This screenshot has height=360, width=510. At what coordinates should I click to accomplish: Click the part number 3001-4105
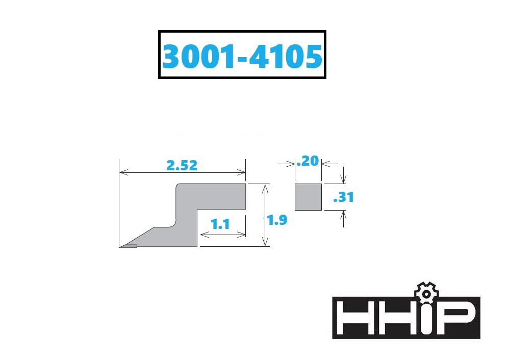point(242,56)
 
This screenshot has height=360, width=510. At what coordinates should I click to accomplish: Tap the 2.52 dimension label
point(182,166)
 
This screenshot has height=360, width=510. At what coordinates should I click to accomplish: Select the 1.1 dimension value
point(220,224)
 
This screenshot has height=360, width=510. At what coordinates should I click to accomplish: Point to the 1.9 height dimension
point(277,220)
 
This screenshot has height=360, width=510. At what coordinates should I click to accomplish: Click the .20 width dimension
point(308,161)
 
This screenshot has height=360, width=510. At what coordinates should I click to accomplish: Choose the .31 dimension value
point(344,197)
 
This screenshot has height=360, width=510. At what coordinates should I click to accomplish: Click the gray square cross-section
point(309,197)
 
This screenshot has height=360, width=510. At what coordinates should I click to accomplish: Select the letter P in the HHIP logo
point(455,317)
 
